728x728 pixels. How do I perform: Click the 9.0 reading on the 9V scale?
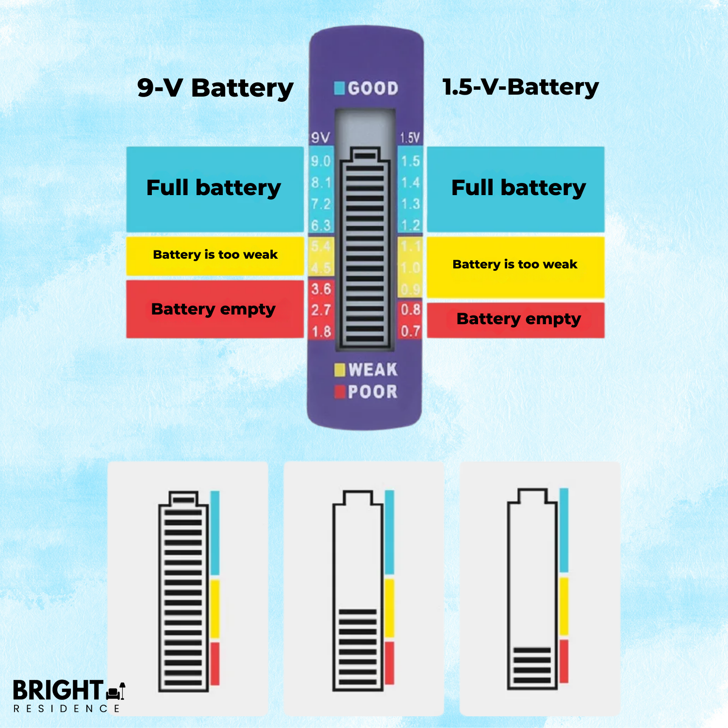pyautogui.click(x=321, y=161)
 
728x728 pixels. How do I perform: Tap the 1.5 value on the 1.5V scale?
pyautogui.click(x=410, y=161)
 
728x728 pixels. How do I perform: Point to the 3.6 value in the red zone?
pyautogui.click(x=321, y=289)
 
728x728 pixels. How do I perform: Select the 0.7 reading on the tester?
pyautogui.click(x=410, y=331)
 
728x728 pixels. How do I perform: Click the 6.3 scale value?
pyautogui.click(x=321, y=226)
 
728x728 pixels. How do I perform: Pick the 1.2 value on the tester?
pyautogui.click(x=410, y=226)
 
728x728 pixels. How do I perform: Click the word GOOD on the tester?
pyautogui.click(x=373, y=88)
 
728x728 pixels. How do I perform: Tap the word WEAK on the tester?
pyautogui.click(x=373, y=370)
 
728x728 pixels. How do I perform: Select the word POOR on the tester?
pyautogui.click(x=373, y=392)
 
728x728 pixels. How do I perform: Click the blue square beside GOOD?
pyautogui.click(x=339, y=88)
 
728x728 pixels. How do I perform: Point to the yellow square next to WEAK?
pyautogui.click(x=340, y=370)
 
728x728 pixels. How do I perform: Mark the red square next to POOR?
pyautogui.click(x=340, y=392)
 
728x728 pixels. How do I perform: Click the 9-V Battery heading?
pyautogui.click(x=215, y=89)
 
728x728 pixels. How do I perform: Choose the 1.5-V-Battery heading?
pyautogui.click(x=520, y=87)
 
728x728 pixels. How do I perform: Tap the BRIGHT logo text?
pyautogui.click(x=58, y=690)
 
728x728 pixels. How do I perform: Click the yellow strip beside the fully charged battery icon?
pyautogui.click(x=215, y=609)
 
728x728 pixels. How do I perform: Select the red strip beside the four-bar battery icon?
pyautogui.click(x=564, y=661)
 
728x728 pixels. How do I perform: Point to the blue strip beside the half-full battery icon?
pyautogui.click(x=389, y=532)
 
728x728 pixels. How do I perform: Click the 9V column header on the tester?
pyautogui.click(x=320, y=138)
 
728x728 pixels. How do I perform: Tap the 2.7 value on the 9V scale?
pyautogui.click(x=321, y=310)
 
